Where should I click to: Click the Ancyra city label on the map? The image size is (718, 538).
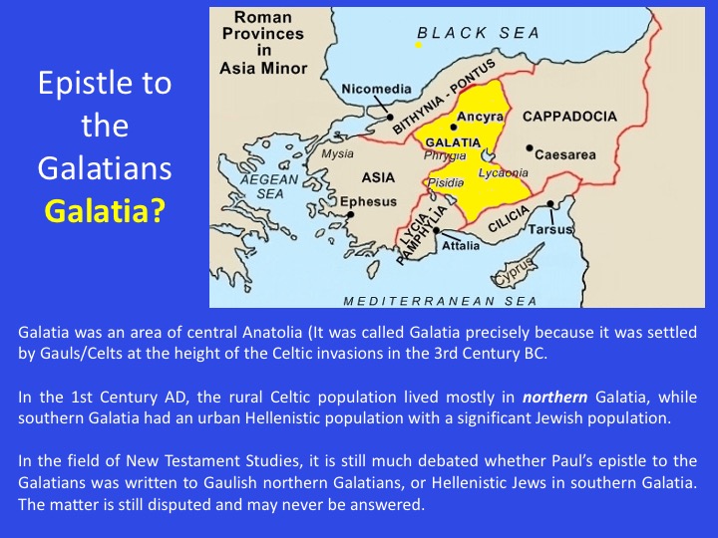click(479, 118)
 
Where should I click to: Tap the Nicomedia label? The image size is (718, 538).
click(376, 90)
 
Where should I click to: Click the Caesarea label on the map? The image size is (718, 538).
click(565, 155)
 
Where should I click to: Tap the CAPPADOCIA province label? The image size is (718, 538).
click(569, 117)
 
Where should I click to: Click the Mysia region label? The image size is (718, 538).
click(337, 154)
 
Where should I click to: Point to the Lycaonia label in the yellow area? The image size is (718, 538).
click(504, 172)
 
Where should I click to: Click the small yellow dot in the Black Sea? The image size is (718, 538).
click(419, 45)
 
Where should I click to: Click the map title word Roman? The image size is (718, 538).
click(263, 18)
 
